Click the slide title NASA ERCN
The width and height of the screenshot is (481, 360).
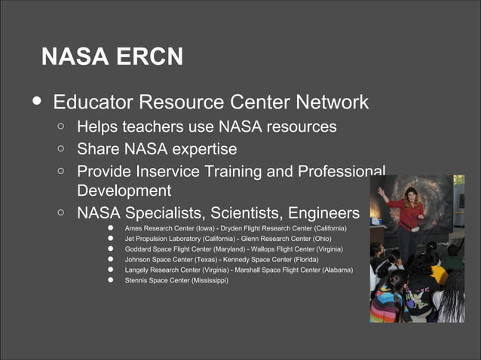point(112,56)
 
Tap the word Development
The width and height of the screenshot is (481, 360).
point(124,191)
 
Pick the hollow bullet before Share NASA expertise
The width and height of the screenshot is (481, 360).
point(60,149)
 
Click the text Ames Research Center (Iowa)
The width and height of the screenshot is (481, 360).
point(170,227)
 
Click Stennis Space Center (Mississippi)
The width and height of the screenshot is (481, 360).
point(176,280)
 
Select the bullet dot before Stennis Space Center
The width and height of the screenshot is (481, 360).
point(109,280)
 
